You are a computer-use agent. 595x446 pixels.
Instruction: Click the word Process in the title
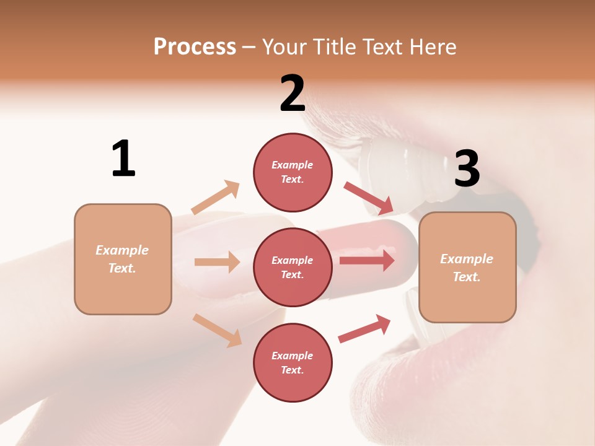click(195, 46)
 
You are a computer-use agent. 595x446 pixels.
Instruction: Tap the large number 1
click(123, 159)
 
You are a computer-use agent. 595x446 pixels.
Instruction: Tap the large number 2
click(293, 94)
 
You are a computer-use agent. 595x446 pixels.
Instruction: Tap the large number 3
click(467, 169)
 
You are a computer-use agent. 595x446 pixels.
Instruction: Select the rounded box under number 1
click(123, 259)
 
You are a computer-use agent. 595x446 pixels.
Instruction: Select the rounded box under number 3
click(467, 268)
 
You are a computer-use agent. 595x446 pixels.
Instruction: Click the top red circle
click(293, 172)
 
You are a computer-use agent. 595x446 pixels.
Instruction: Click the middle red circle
click(293, 267)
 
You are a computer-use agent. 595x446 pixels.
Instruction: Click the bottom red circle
click(293, 362)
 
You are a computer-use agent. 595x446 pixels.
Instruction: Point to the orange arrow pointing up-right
click(216, 197)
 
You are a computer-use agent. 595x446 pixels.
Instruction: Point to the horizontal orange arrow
click(217, 262)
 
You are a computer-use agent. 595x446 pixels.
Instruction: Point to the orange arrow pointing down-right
click(218, 330)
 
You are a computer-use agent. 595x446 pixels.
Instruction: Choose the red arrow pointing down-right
click(369, 198)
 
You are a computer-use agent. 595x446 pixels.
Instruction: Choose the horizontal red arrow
click(367, 260)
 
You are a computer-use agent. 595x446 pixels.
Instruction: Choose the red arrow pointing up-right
click(364, 328)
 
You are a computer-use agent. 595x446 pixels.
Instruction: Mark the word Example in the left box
click(122, 250)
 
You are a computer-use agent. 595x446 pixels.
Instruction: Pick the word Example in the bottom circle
click(293, 356)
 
